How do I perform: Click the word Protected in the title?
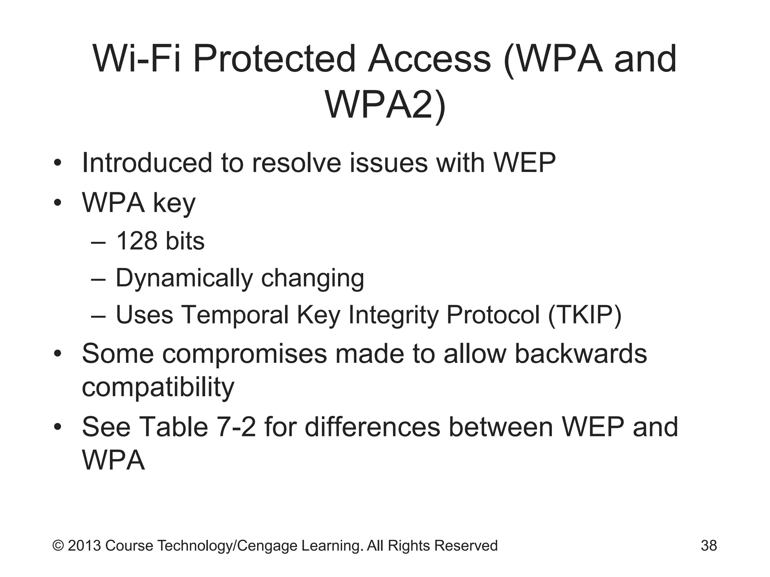[274, 59]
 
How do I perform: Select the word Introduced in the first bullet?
[147, 163]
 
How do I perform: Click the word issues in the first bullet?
[388, 163]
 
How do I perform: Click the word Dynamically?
[184, 278]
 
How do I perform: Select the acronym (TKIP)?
[585, 315]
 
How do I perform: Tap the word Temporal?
[235, 315]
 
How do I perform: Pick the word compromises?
[244, 354]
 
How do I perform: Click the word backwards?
[581, 354]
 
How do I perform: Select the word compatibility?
[158, 387]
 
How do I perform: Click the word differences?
[372, 427]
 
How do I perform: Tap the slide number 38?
[709, 545]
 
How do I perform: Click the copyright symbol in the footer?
[58, 545]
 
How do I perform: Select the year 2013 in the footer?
[84, 545]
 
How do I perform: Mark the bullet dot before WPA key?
[57, 203]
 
